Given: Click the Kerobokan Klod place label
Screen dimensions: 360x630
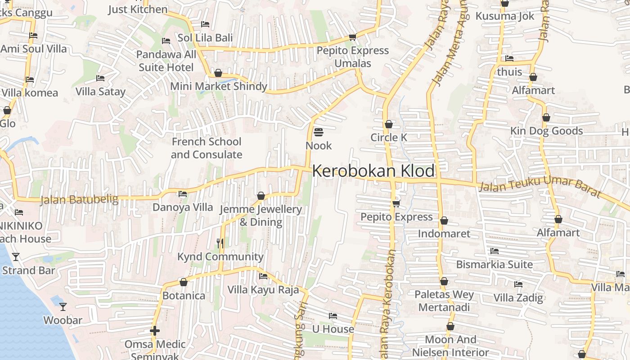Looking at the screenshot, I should (x=373, y=171).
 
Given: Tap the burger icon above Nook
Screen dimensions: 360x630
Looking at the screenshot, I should (x=319, y=132).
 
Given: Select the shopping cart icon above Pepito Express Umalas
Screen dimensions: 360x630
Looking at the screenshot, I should (x=352, y=37).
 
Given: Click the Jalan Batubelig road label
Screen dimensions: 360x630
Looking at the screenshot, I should (x=79, y=199).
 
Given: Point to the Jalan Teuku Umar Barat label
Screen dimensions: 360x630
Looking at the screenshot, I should (x=540, y=187).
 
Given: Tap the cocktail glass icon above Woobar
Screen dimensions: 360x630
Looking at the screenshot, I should (x=63, y=307).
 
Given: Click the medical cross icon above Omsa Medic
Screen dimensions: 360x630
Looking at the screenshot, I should (x=155, y=331).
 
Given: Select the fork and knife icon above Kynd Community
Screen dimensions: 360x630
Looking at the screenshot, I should (x=220, y=243).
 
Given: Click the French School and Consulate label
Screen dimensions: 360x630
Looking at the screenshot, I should (x=207, y=148).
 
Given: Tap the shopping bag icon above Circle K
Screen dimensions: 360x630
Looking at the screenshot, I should (x=389, y=124).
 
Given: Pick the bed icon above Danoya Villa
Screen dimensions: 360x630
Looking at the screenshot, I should (x=183, y=194).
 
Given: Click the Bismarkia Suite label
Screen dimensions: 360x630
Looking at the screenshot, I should (x=495, y=264).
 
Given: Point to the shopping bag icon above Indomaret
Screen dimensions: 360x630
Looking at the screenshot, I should (x=444, y=220).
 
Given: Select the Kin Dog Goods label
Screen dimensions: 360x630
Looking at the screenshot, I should (x=546, y=131).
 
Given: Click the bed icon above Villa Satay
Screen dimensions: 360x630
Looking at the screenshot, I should (x=100, y=78).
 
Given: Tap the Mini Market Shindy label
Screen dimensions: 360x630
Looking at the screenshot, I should (x=219, y=86).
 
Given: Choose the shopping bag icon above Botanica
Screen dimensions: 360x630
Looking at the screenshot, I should (x=184, y=283).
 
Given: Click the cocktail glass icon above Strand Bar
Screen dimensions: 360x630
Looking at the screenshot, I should (x=16, y=257).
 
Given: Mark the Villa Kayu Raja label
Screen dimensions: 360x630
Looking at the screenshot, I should (x=263, y=289).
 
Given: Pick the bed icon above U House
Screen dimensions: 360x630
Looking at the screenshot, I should (x=333, y=316).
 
